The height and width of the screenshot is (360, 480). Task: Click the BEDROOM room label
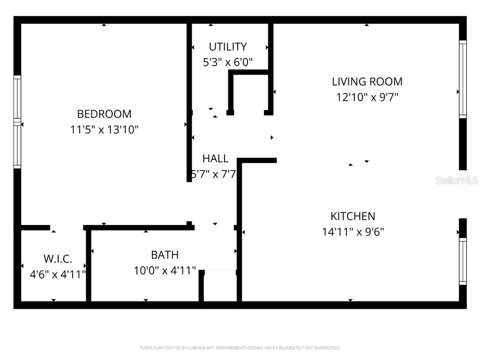[104, 114]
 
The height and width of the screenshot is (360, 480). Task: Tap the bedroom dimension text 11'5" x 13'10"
[104, 129]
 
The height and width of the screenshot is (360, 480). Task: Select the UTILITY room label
[228, 47]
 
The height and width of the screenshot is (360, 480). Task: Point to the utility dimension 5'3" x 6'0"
[228, 62]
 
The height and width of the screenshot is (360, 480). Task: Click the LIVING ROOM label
[367, 82]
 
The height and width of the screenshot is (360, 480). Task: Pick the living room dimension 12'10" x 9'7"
[367, 97]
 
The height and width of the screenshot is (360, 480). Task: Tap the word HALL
[216, 158]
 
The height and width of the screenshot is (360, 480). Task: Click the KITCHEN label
[353, 216]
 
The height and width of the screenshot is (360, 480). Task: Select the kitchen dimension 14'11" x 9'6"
[353, 232]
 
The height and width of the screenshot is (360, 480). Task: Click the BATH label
[165, 255]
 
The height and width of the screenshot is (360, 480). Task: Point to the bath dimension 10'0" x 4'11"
[165, 270]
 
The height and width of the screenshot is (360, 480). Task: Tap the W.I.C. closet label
[58, 259]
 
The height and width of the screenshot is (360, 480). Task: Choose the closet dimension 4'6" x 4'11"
[58, 274]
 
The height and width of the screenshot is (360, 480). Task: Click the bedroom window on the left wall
[17, 122]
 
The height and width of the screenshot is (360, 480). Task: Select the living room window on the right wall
[463, 79]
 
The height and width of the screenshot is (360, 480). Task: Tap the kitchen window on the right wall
[463, 261]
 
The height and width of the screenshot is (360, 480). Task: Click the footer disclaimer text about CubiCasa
[240, 348]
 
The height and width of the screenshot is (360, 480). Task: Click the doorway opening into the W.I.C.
[67, 228]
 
